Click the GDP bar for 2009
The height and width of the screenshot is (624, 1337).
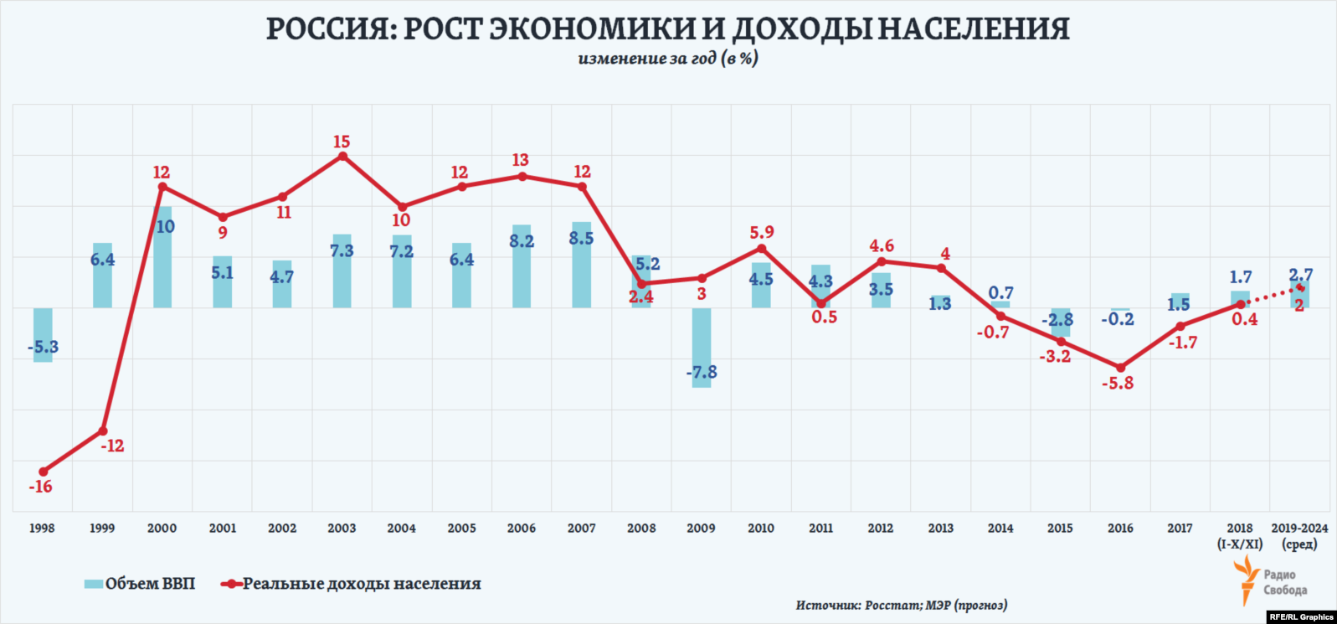coord(702,348)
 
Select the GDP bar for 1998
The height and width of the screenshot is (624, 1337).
coord(43,334)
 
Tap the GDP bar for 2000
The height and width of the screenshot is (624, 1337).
coord(162,257)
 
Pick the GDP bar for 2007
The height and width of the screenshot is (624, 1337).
coord(581,265)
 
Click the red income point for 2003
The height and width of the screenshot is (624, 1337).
coord(342,156)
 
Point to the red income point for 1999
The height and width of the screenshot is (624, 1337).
coord(103,431)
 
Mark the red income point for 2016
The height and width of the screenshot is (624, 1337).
coord(1120,368)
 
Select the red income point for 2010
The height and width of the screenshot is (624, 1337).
coord(761,249)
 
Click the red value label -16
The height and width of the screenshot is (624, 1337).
coord(40,487)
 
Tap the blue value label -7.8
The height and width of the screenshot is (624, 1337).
coord(702,373)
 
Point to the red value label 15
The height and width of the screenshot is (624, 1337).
coord(342,142)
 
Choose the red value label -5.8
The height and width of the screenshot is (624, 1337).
coord(1120,383)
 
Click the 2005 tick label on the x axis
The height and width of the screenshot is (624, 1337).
coord(461,529)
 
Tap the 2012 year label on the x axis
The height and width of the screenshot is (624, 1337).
coord(881,529)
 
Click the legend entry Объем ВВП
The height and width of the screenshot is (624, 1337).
coord(141,584)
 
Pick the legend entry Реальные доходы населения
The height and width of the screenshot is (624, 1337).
coord(352,584)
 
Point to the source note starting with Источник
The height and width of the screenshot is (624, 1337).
coord(902,605)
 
